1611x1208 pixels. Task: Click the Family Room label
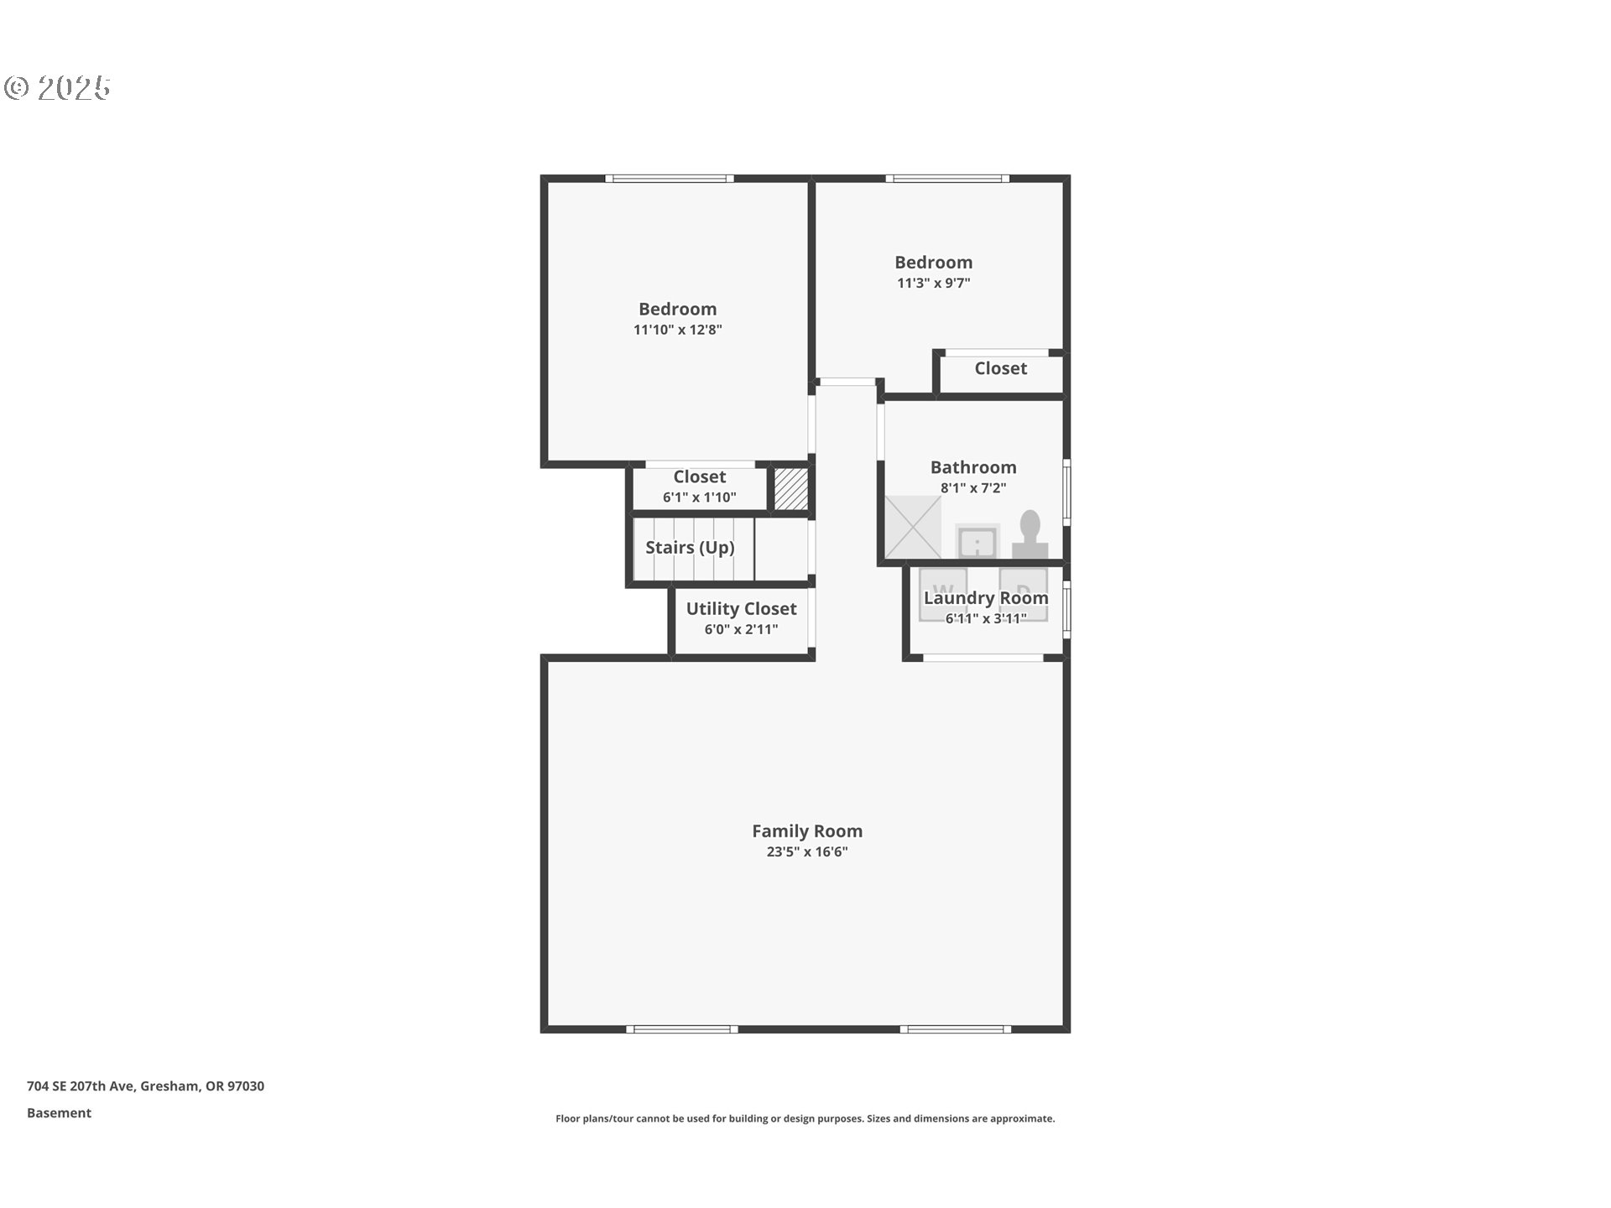(806, 830)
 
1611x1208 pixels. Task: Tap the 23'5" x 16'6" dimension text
(806, 851)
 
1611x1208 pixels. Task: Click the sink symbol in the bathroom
(978, 542)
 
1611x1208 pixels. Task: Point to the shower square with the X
(913, 527)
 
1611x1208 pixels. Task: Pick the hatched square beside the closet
(790, 488)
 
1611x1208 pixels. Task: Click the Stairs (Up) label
(690, 548)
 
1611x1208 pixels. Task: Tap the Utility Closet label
(741, 609)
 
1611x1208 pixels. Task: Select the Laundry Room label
(986, 598)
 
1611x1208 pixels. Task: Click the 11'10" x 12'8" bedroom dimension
(677, 330)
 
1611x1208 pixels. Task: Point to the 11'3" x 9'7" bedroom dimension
(933, 283)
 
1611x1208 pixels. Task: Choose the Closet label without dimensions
(1000, 368)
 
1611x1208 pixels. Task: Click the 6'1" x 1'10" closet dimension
(699, 497)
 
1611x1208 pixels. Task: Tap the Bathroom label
(972, 467)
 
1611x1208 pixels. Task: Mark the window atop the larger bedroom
(670, 179)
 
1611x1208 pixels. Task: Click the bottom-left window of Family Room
(681, 1028)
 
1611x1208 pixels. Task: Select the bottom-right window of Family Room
(956, 1028)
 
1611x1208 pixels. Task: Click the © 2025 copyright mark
(57, 87)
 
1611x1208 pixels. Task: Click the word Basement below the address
(59, 1113)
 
